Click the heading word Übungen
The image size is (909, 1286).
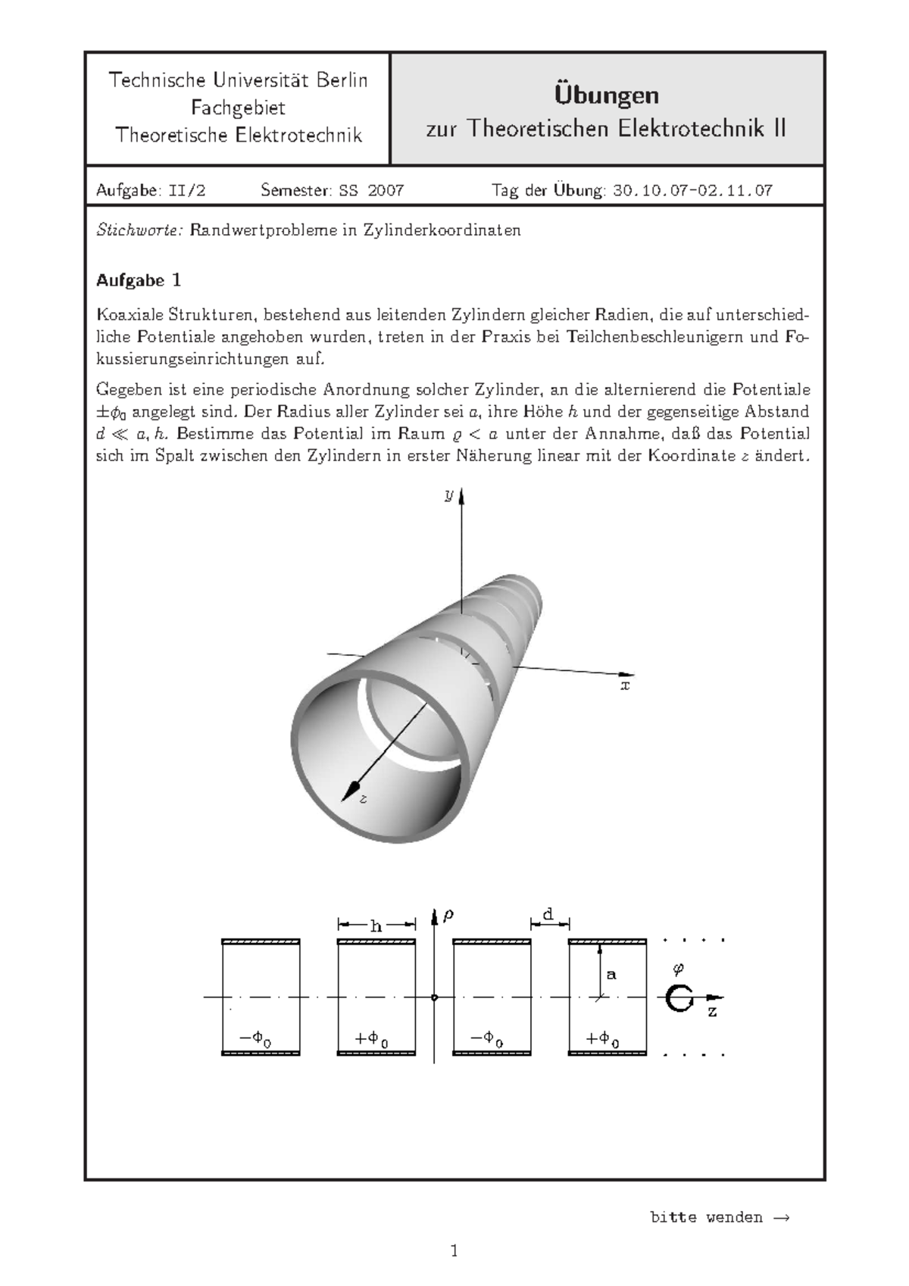coord(606,95)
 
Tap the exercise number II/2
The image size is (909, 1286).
coord(186,190)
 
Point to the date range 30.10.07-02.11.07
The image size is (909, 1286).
coord(692,190)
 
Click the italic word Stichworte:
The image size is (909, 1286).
coord(139,230)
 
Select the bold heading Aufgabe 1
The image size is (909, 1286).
coord(139,280)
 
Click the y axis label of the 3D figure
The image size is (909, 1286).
coord(448,495)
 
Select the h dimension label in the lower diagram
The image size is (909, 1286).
coord(376,925)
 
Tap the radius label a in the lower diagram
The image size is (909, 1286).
coord(611,975)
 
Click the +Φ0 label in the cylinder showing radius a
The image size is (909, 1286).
coord(604,1039)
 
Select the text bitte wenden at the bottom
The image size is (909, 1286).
coord(706,1218)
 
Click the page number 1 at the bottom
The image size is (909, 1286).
coord(454,1251)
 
